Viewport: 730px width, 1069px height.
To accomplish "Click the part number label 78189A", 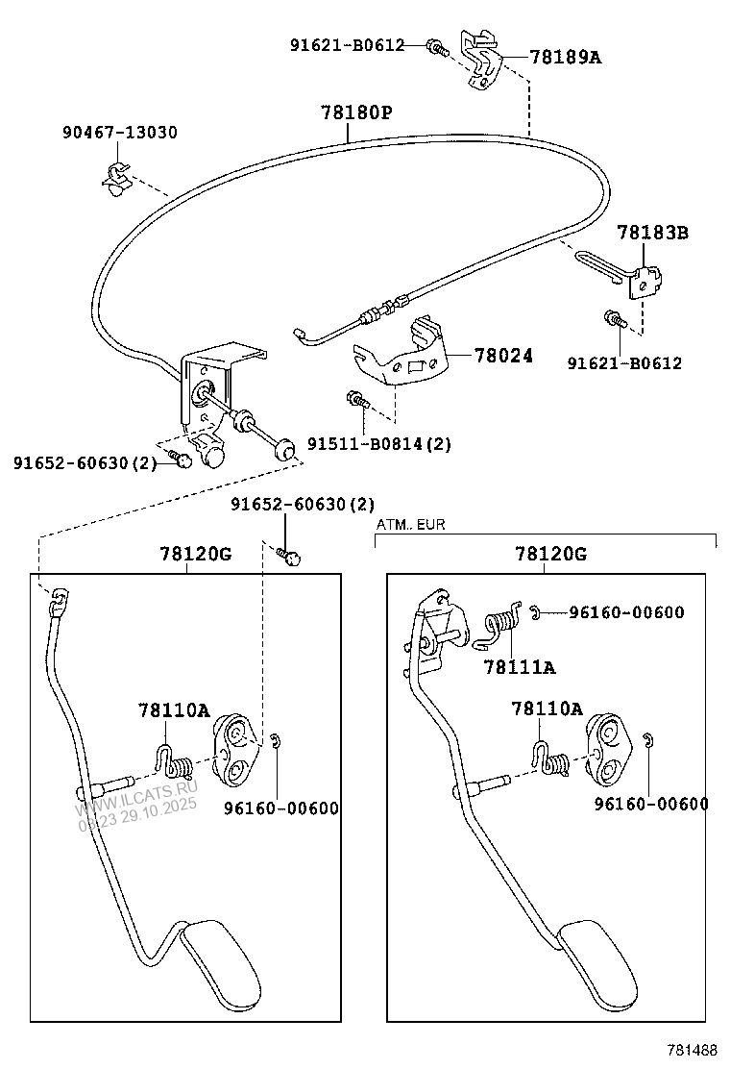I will pos(565,58).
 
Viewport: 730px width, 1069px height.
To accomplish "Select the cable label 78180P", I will pos(356,113).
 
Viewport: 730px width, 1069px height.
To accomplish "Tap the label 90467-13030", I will pos(120,133).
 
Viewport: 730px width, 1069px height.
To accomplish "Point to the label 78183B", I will pos(652,233).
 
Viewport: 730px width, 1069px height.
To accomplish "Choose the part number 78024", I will pos(502,355).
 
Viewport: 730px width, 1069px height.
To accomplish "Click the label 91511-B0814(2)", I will pos(378,443).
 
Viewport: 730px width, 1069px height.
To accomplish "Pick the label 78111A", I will pos(520,666).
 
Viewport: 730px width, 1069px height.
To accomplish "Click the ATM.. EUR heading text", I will pos(410,525).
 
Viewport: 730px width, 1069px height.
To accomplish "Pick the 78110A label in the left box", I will pos(173,710).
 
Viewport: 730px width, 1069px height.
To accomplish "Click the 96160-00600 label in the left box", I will pos(279,808).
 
